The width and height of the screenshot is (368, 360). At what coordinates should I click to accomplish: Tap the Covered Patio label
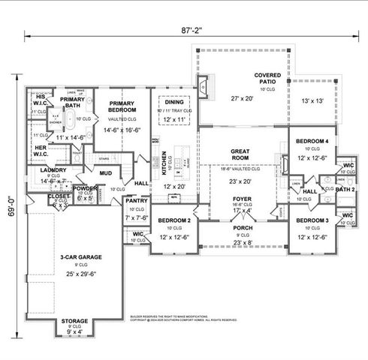coord(267,76)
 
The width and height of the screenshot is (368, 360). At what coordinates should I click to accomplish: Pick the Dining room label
coord(174,103)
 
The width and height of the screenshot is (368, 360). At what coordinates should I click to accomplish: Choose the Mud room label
coord(104,173)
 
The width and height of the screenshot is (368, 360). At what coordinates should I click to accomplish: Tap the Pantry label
coord(137,201)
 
